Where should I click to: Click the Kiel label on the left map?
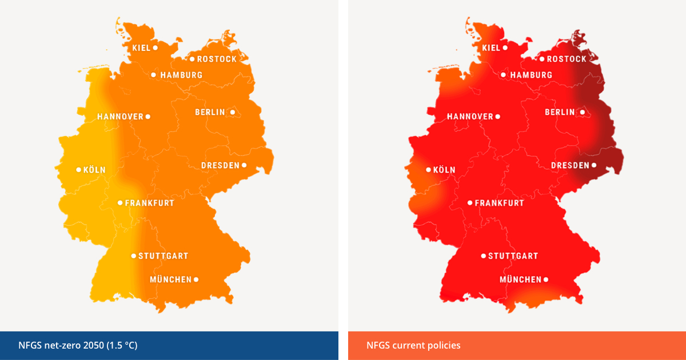pos(141,48)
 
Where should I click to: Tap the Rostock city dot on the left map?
pos(192,59)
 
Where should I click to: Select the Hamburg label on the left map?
pos(181,75)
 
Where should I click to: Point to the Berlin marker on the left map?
pos(233,112)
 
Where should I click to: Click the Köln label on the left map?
pos(94,170)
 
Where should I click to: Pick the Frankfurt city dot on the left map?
pos(120,203)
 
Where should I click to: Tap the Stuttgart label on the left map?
pos(163,256)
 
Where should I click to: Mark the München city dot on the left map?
pos(196,279)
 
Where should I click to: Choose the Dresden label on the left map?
pos(220,166)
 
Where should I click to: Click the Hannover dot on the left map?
pos(148,117)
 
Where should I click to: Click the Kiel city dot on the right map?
pos(505,48)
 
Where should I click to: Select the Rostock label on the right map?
pos(567,59)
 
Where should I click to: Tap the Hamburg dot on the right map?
pos(503,75)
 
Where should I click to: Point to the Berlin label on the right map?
pos(560,112)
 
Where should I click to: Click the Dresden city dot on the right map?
pos(594,166)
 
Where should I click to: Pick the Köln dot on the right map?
pos(429,170)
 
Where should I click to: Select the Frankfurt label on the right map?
pos(499,203)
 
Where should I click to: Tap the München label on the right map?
pos(520,279)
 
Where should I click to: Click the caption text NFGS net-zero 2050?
pos(78,345)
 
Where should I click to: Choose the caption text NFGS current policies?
pos(413,345)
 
